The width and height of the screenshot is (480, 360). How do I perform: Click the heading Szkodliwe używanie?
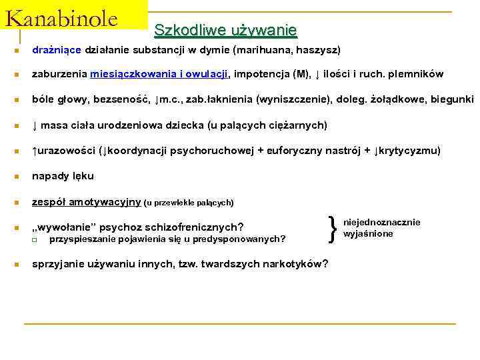pos(225,30)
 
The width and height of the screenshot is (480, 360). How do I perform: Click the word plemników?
pos(417,74)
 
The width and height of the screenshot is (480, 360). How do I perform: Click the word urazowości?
pos(66,150)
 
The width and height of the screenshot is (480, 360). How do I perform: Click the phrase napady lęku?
pos(63,176)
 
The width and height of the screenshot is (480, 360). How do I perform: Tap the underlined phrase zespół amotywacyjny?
pos(87,201)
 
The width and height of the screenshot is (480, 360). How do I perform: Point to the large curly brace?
pos(333,228)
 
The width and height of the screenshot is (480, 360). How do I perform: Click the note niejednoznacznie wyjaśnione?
pos(381,228)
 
